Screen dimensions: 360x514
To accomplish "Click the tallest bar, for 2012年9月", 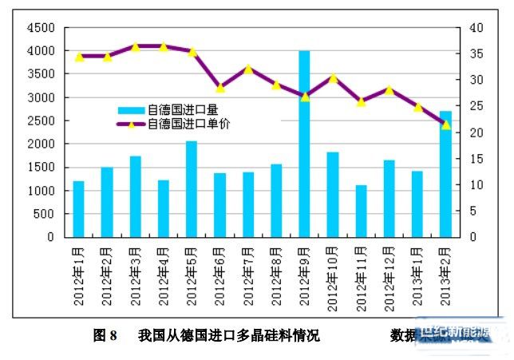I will (x=304, y=144).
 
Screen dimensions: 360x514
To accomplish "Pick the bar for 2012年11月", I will (x=361, y=211).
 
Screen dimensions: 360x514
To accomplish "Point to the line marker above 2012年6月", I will (x=220, y=87).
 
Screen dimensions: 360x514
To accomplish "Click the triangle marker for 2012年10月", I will (x=333, y=78).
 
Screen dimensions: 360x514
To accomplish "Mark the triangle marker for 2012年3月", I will (x=135, y=46).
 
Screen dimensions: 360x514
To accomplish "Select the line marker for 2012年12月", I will (x=389, y=90).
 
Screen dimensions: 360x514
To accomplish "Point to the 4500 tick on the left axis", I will (x=41, y=28).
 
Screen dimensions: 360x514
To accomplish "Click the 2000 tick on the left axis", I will (x=41, y=144).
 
